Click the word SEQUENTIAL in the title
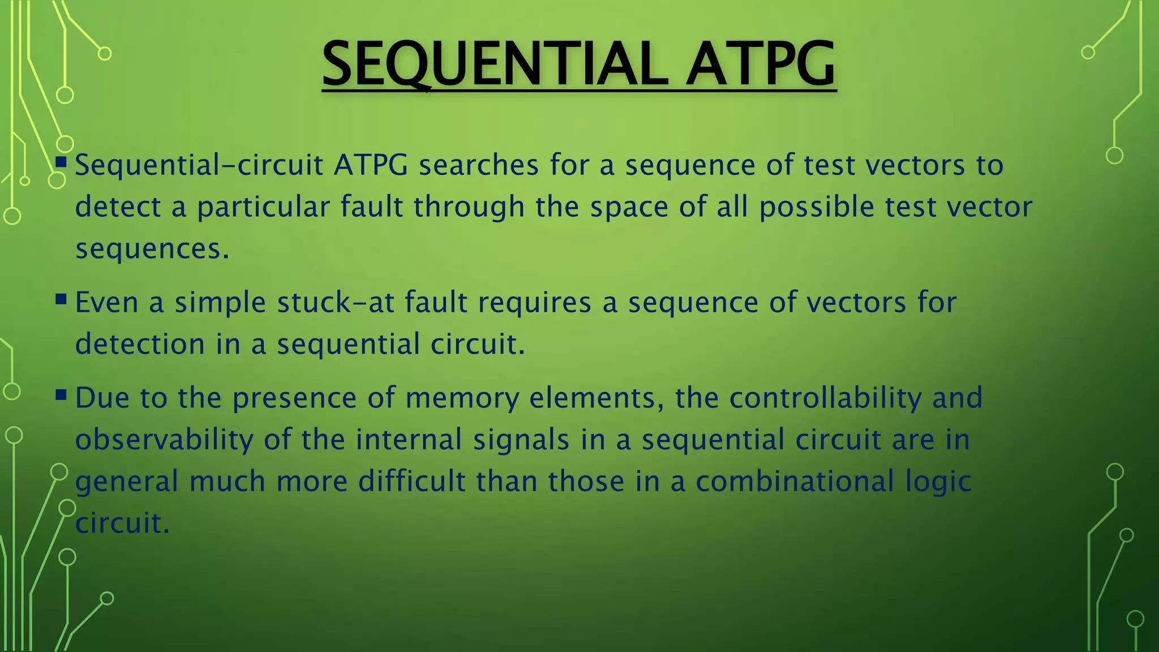click(x=492, y=63)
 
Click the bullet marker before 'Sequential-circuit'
click(x=61, y=162)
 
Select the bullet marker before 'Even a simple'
click(x=61, y=299)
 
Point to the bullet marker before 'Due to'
click(x=61, y=394)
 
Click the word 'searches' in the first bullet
click(x=478, y=165)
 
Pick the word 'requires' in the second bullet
click(x=534, y=303)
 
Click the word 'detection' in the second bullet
click(x=140, y=344)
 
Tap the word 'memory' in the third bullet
click(x=462, y=398)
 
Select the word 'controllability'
click(x=825, y=398)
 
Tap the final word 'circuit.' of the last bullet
click(x=122, y=523)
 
